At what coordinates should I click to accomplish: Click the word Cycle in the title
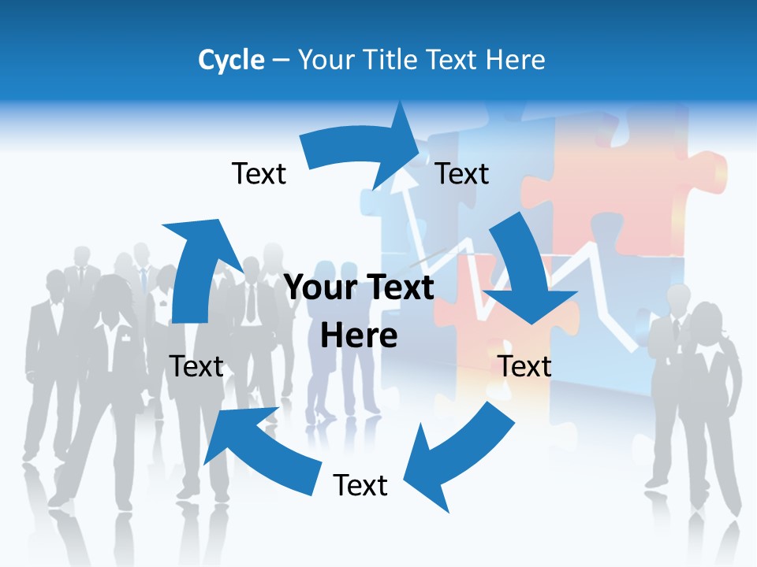pos(231,60)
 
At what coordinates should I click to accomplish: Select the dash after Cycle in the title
pos(281,60)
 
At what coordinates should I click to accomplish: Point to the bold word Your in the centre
pos(321,287)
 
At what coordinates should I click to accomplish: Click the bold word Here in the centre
pos(359,335)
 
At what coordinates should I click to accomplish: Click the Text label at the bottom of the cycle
pos(360,485)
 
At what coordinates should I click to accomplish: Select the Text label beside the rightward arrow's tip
pos(463,173)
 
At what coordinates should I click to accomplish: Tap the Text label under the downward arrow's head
pos(525,366)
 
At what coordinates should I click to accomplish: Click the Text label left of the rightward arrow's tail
pos(259,173)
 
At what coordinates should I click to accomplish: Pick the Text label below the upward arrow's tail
pos(196,366)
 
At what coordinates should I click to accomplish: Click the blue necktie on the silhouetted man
pos(144,280)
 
